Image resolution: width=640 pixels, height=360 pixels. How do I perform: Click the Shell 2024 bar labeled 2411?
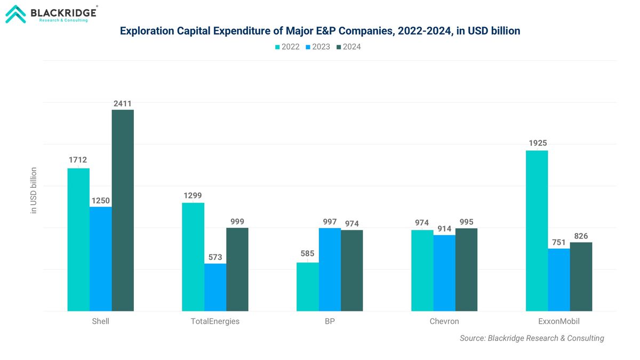point(123,210)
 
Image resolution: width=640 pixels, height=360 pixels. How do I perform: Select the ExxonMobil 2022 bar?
point(537,230)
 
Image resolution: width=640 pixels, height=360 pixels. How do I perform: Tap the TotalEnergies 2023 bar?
point(215,287)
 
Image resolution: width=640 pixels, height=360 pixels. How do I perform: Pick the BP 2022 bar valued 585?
point(307,286)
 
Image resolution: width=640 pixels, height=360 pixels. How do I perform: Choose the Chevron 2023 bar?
point(444,273)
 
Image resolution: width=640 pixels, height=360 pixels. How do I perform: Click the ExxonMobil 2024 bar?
point(581,276)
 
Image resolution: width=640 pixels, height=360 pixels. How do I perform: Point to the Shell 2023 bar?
point(100,259)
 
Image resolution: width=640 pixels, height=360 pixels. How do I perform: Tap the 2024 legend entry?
point(347,47)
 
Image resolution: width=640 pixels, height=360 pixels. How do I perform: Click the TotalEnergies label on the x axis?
point(215,322)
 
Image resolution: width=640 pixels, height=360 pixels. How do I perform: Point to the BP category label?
point(330,322)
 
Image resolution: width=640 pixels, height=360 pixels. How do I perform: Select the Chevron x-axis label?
point(444,322)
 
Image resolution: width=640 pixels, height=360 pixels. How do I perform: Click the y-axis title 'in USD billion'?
point(34,190)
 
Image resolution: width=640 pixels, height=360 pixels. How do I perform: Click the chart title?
point(320,31)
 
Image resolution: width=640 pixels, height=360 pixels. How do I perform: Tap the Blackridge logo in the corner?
point(51,14)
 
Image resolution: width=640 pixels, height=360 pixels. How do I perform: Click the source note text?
point(532,338)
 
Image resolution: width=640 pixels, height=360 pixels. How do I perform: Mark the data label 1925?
point(537,143)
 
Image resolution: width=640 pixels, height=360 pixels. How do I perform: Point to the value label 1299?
point(193,195)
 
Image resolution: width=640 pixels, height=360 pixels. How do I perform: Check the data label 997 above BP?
point(330,221)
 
